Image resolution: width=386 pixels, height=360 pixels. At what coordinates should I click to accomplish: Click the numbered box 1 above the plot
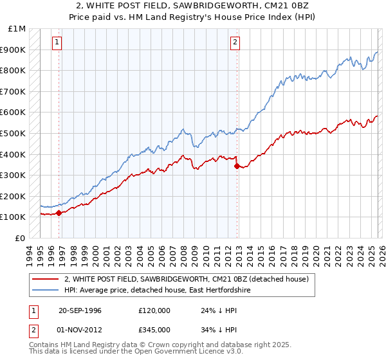57,42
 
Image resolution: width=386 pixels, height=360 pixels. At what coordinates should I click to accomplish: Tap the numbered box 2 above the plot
235,42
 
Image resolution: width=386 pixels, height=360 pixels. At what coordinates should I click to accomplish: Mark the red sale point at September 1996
59,212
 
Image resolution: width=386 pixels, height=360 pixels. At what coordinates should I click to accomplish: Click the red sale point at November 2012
237,165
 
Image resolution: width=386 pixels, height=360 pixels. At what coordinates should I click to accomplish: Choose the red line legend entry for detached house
187,279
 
